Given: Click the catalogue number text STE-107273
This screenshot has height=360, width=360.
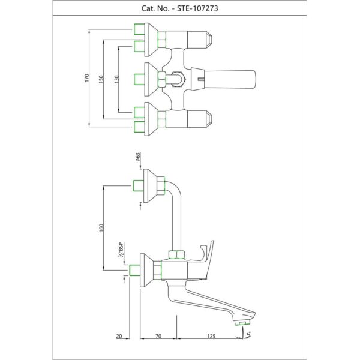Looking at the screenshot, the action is coord(197,8).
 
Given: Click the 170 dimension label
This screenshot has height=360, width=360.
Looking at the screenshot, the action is coord(86,78).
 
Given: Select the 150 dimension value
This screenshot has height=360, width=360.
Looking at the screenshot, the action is coord(101,79).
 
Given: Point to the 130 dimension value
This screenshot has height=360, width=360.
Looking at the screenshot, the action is coord(116,79).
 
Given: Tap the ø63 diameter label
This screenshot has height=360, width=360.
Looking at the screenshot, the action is coord(138,157).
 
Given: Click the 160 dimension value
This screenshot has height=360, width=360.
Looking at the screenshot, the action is coord(101,227).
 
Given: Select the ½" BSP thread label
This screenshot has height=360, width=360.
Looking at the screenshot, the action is coord(121,250).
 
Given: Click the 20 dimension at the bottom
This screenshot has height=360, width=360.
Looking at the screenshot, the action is coord(119,337).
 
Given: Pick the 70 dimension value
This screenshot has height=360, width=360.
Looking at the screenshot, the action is coord(158,337).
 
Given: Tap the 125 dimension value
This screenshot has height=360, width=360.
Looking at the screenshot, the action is coord(211,337).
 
